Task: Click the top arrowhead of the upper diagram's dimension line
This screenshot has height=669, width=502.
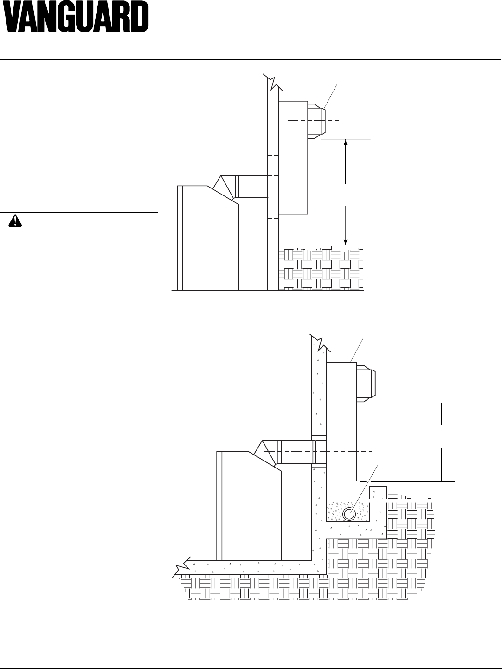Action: point(346,143)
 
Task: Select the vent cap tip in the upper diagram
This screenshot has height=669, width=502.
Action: point(317,119)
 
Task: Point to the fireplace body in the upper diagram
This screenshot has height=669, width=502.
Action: point(209,241)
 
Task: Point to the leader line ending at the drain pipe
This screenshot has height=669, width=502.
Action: point(367,487)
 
